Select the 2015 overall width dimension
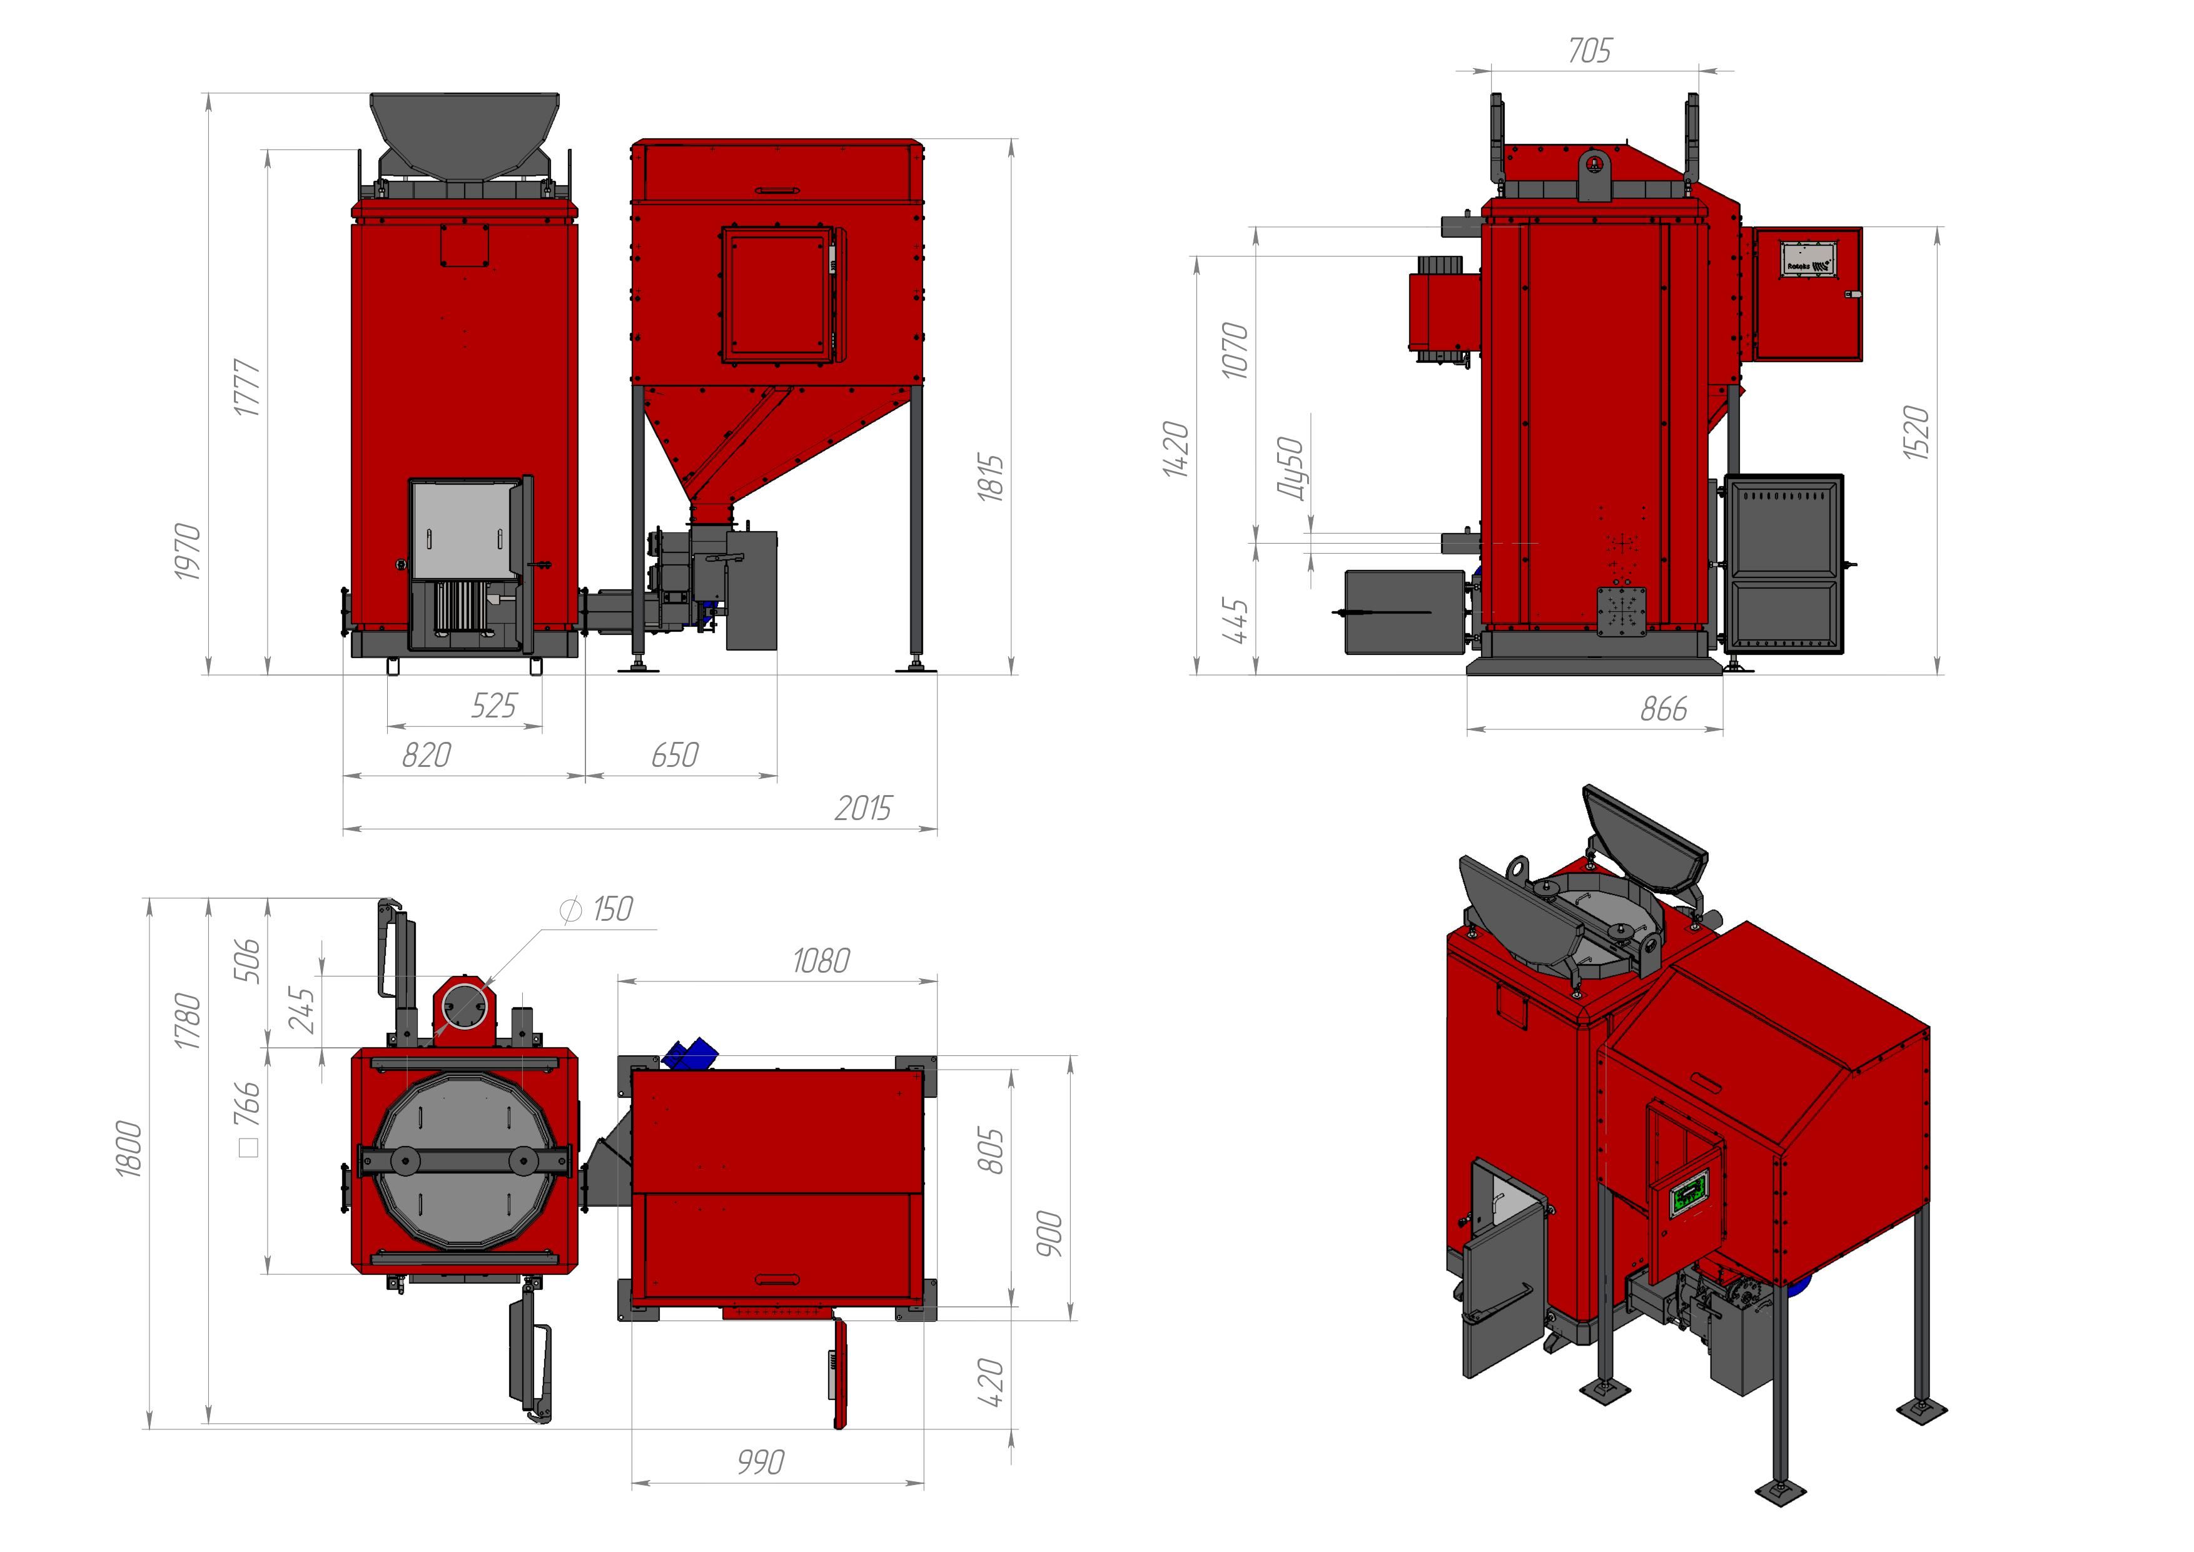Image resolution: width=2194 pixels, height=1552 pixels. click(x=863, y=808)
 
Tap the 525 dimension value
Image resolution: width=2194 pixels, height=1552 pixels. click(x=493, y=706)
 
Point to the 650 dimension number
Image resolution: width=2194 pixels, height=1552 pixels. click(x=675, y=756)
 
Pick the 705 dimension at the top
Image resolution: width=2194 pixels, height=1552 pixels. click(x=1588, y=51)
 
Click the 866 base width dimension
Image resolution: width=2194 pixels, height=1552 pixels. click(x=1664, y=709)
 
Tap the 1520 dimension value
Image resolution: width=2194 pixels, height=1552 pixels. click(x=1916, y=433)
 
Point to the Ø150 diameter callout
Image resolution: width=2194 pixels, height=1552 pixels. click(x=598, y=909)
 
